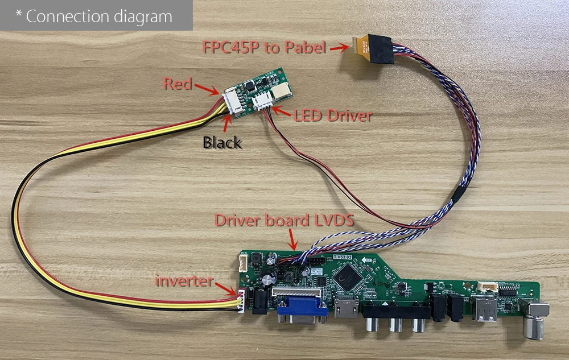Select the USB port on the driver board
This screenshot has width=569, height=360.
486,309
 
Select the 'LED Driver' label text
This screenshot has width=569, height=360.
333,116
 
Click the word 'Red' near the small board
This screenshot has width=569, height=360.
177,84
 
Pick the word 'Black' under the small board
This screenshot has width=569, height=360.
222,142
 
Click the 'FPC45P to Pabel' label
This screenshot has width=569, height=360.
264,48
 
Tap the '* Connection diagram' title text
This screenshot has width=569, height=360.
94,16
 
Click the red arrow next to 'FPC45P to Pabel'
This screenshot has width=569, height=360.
339,48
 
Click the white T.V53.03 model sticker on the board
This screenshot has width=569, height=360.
343,258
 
